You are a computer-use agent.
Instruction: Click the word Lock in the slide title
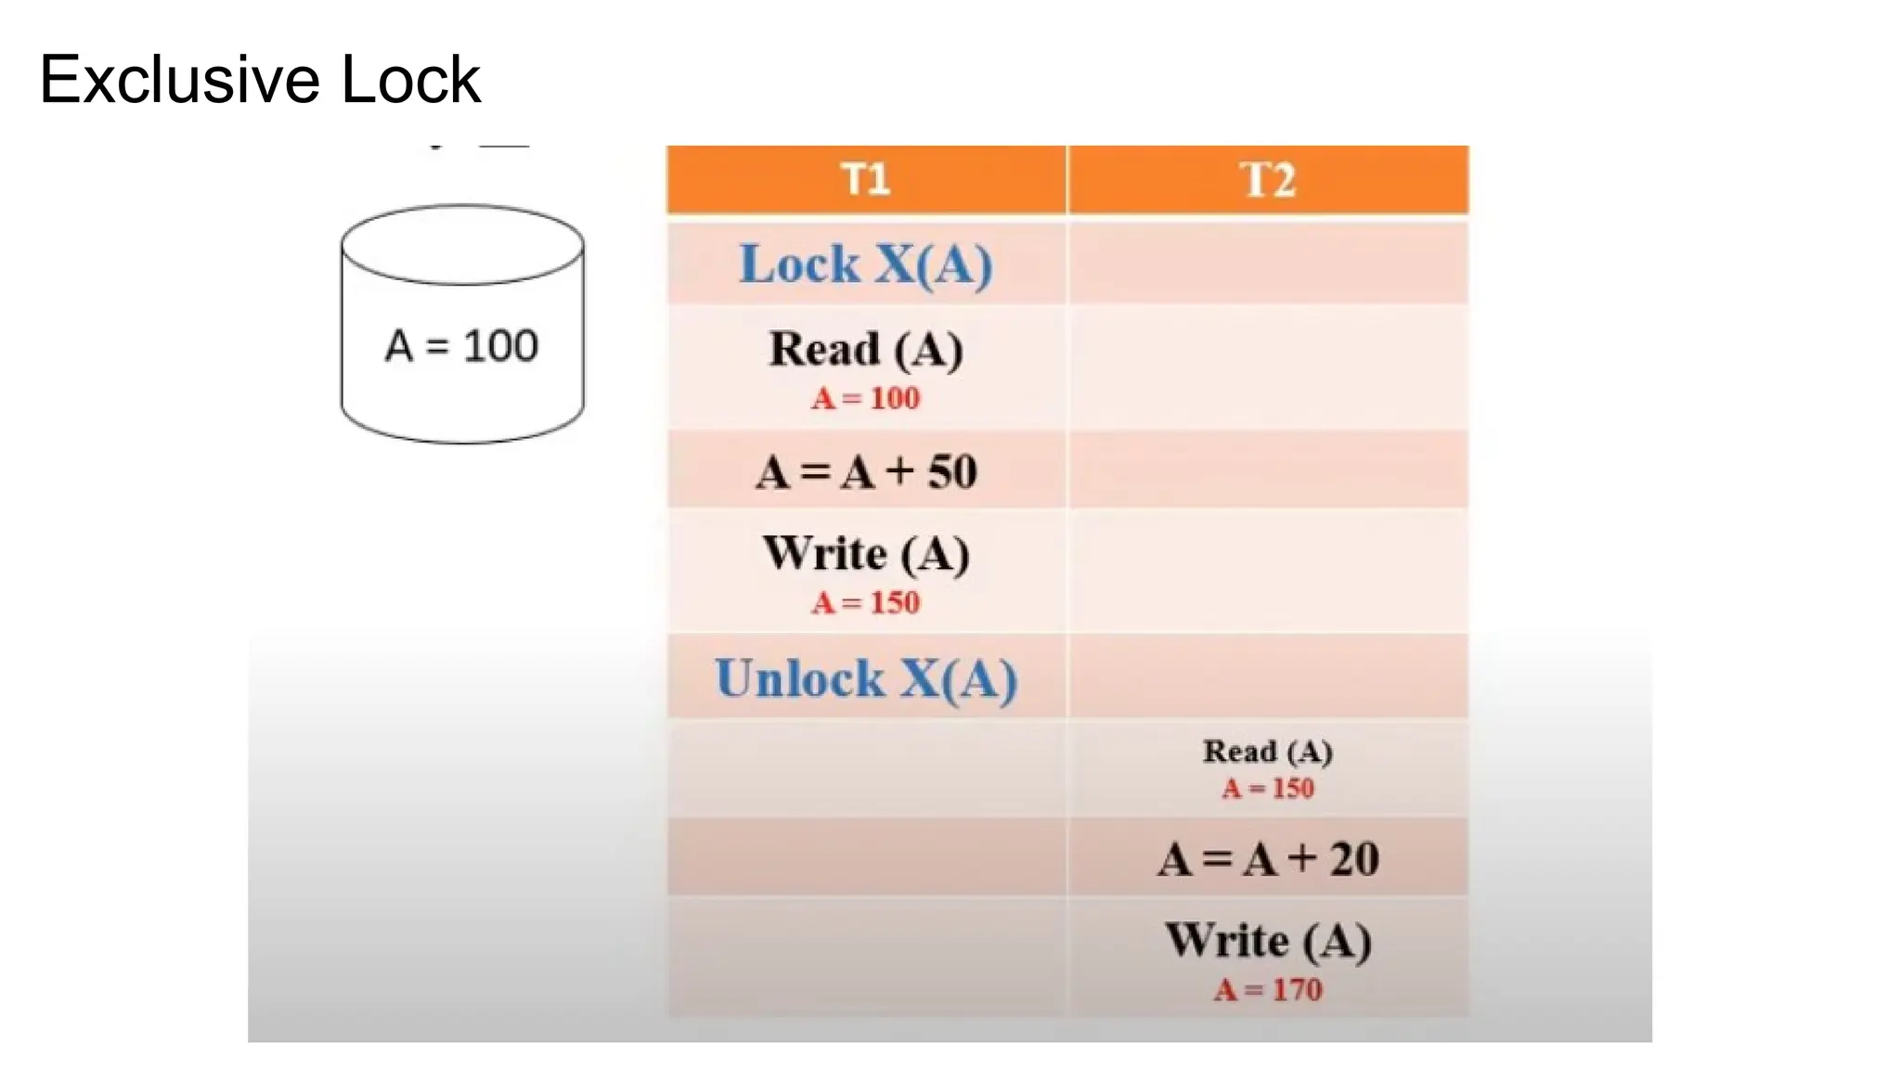pyautogui.click(x=410, y=80)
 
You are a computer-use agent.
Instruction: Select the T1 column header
pyautogui.click(x=865, y=178)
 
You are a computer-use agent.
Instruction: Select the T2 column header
pyautogui.click(x=1268, y=179)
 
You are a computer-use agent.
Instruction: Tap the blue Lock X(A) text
pyautogui.click(x=865, y=264)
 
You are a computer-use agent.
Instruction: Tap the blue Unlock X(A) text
pyautogui.click(x=865, y=678)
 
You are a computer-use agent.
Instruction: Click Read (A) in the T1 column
pyautogui.click(x=865, y=350)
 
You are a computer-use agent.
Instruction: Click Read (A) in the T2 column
pyautogui.click(x=1268, y=751)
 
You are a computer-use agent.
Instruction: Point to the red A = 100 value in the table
pyautogui.click(x=865, y=398)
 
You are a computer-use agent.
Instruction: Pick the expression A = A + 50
pyautogui.click(x=865, y=471)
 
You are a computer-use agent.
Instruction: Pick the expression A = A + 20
pyautogui.click(x=1268, y=858)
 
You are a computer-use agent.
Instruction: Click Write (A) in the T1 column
pyautogui.click(x=865, y=554)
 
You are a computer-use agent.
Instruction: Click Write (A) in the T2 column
pyautogui.click(x=1268, y=941)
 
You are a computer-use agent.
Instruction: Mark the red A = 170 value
pyautogui.click(x=1268, y=990)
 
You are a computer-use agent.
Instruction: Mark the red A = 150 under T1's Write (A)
pyautogui.click(x=865, y=603)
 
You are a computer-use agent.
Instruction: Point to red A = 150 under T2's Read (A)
pyautogui.click(x=1268, y=789)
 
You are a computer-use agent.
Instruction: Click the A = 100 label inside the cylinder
pyautogui.click(x=461, y=346)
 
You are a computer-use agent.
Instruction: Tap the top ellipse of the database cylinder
pyautogui.click(x=461, y=243)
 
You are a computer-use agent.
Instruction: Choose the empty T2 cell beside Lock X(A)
pyautogui.click(x=1268, y=264)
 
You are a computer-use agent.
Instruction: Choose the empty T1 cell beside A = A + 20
pyautogui.click(x=865, y=858)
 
